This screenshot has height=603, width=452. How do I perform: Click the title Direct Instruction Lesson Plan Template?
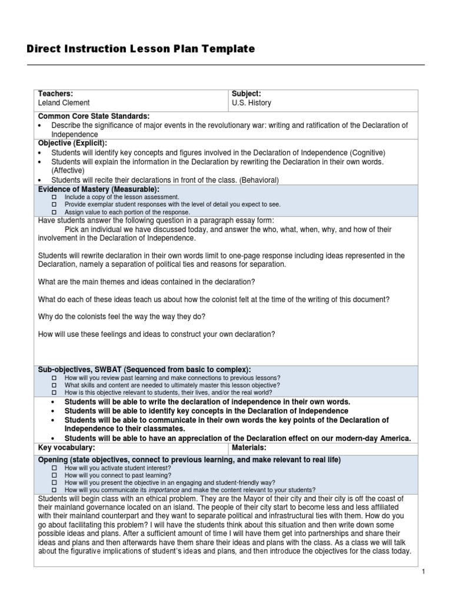click(141, 49)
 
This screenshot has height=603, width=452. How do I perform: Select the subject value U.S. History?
click(251, 102)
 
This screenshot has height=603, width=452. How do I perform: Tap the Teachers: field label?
click(55, 94)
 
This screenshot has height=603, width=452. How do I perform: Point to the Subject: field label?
click(247, 94)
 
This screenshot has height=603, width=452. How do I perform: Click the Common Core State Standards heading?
click(94, 116)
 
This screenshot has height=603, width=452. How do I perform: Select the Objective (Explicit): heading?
click(72, 143)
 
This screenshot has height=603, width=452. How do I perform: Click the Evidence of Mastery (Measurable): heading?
click(98, 188)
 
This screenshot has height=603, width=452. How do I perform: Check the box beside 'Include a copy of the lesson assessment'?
click(54, 197)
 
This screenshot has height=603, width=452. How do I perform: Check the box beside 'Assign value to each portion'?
click(54, 212)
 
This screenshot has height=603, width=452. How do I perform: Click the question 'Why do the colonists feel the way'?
click(121, 316)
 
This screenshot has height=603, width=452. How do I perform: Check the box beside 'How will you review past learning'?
click(54, 377)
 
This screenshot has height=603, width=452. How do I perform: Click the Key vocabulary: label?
click(66, 448)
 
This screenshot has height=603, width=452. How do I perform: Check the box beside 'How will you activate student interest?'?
click(54, 468)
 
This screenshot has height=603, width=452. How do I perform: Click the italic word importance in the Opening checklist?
click(164, 489)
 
